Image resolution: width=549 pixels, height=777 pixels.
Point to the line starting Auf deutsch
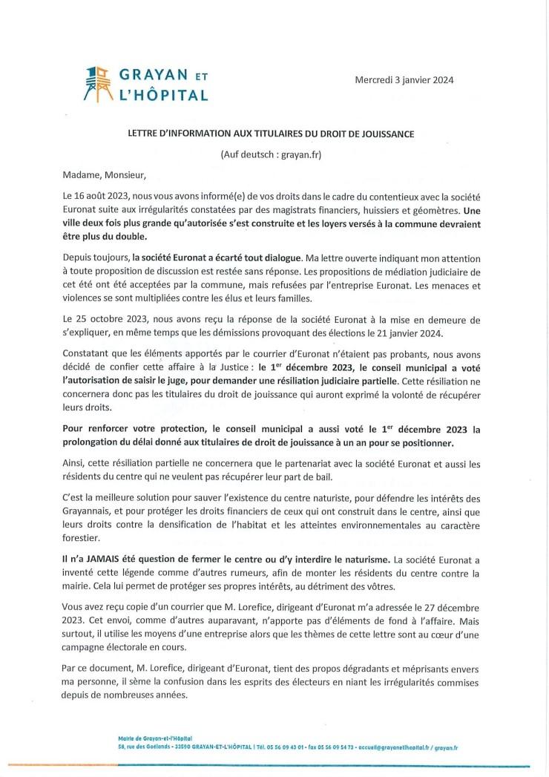pyautogui.click(x=275, y=154)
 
